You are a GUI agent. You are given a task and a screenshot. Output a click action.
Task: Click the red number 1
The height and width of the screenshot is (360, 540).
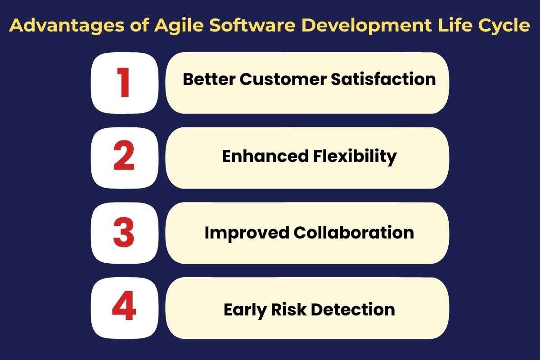click(x=124, y=83)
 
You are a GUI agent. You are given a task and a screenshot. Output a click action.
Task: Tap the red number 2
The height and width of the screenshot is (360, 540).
click(x=124, y=157)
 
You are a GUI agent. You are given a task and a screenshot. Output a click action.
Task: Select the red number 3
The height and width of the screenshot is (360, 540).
click(x=124, y=233)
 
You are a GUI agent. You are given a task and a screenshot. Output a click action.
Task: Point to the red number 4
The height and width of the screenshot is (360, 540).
click(x=124, y=308)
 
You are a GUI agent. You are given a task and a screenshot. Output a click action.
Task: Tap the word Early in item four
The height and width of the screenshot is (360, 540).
click(x=243, y=310)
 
